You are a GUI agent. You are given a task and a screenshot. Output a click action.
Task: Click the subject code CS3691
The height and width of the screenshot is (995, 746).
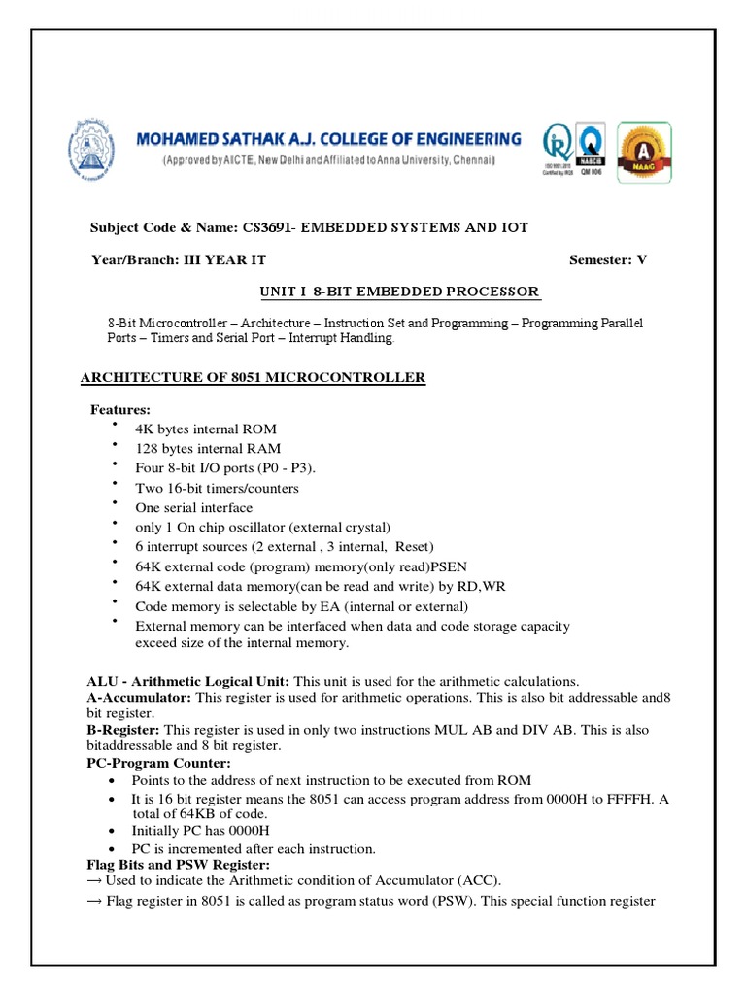point(267,227)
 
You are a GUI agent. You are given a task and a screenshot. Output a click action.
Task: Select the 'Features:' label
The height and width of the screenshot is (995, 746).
point(120,409)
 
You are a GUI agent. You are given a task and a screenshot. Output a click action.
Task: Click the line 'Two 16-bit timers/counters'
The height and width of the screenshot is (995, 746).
point(217,488)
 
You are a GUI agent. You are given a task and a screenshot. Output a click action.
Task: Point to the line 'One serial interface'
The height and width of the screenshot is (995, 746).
point(193,507)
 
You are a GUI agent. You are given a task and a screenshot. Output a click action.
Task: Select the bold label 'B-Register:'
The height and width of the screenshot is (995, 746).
point(118,729)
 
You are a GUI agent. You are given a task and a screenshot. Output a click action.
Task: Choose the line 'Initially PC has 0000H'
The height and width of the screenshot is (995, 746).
point(200,831)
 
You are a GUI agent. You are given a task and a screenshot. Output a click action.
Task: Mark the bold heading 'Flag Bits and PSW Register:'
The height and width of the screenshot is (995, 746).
point(165,864)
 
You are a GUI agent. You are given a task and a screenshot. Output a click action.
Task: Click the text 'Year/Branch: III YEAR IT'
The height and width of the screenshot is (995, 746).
point(179,259)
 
